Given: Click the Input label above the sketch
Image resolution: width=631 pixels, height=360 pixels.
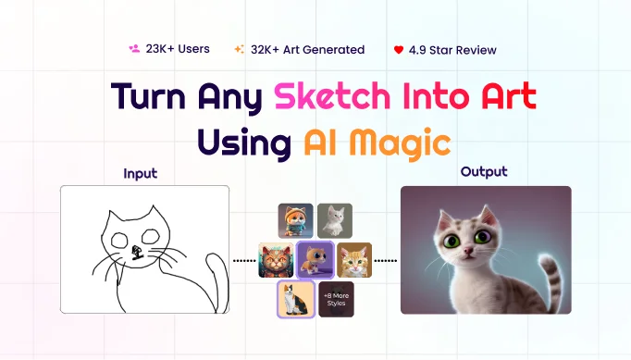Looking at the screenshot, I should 140,173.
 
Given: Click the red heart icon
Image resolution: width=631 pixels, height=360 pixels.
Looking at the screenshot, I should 398,49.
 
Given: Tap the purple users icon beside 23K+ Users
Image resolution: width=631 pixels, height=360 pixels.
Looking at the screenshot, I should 134,49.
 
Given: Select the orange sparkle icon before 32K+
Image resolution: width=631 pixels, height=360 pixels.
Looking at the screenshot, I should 240,49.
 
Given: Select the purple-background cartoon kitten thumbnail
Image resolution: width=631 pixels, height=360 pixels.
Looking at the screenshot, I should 315,261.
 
